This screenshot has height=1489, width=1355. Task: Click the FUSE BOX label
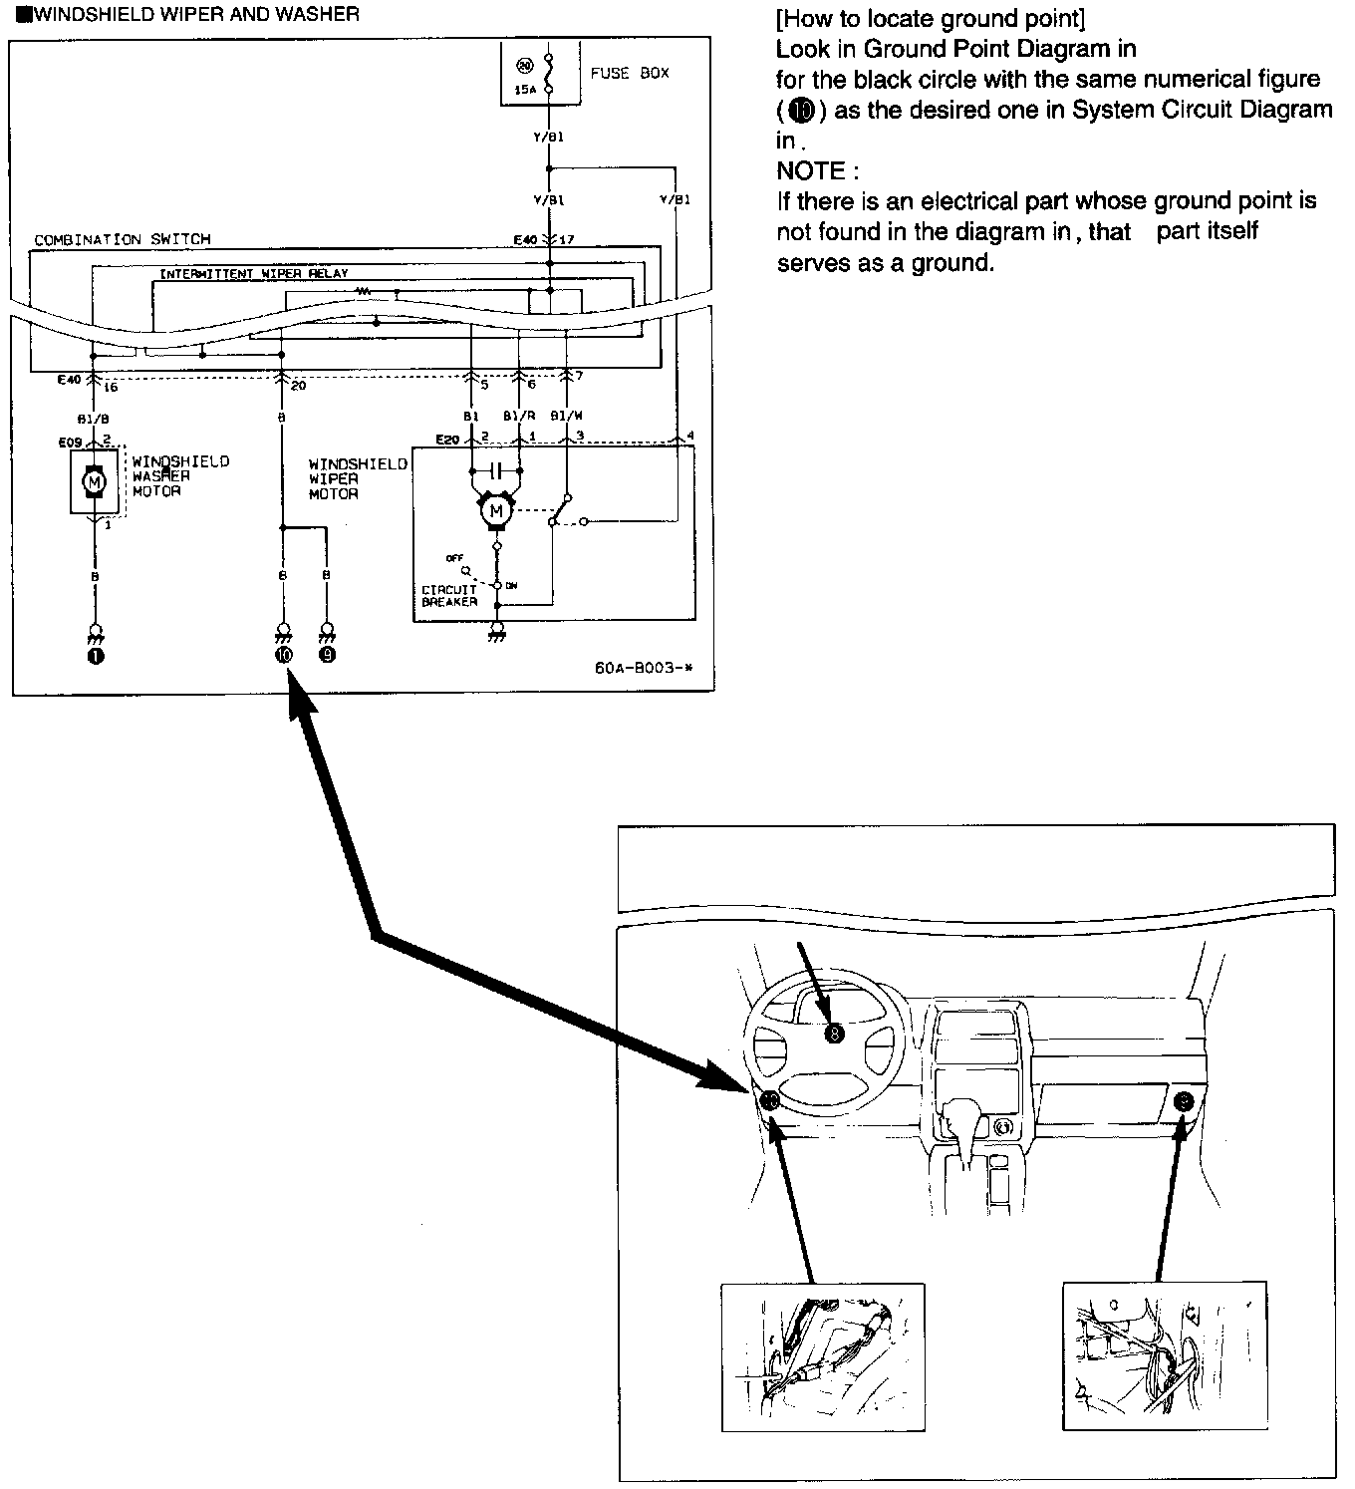tap(630, 73)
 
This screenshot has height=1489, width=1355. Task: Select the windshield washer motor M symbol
tap(95, 482)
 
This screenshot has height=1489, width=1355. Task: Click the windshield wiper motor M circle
tap(495, 512)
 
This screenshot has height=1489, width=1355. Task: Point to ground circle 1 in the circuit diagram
tap(96, 654)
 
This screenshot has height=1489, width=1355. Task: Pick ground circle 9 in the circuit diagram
tap(327, 654)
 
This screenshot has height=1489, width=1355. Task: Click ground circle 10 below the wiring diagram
tap(284, 654)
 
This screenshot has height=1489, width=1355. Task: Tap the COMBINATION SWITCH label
tap(123, 240)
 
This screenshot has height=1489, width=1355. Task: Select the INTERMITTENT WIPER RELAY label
tap(254, 273)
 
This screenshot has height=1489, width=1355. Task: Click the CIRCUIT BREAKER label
tap(449, 596)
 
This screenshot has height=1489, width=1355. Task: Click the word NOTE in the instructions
tap(811, 170)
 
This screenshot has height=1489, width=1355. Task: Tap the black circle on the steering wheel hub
tap(834, 1034)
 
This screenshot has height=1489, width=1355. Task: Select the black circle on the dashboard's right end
tap(1183, 1101)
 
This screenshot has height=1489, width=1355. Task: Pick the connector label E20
tap(447, 440)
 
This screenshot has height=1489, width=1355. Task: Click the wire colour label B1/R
tap(517, 416)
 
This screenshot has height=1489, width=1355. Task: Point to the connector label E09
tap(70, 442)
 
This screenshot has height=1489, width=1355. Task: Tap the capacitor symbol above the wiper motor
tap(495, 469)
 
